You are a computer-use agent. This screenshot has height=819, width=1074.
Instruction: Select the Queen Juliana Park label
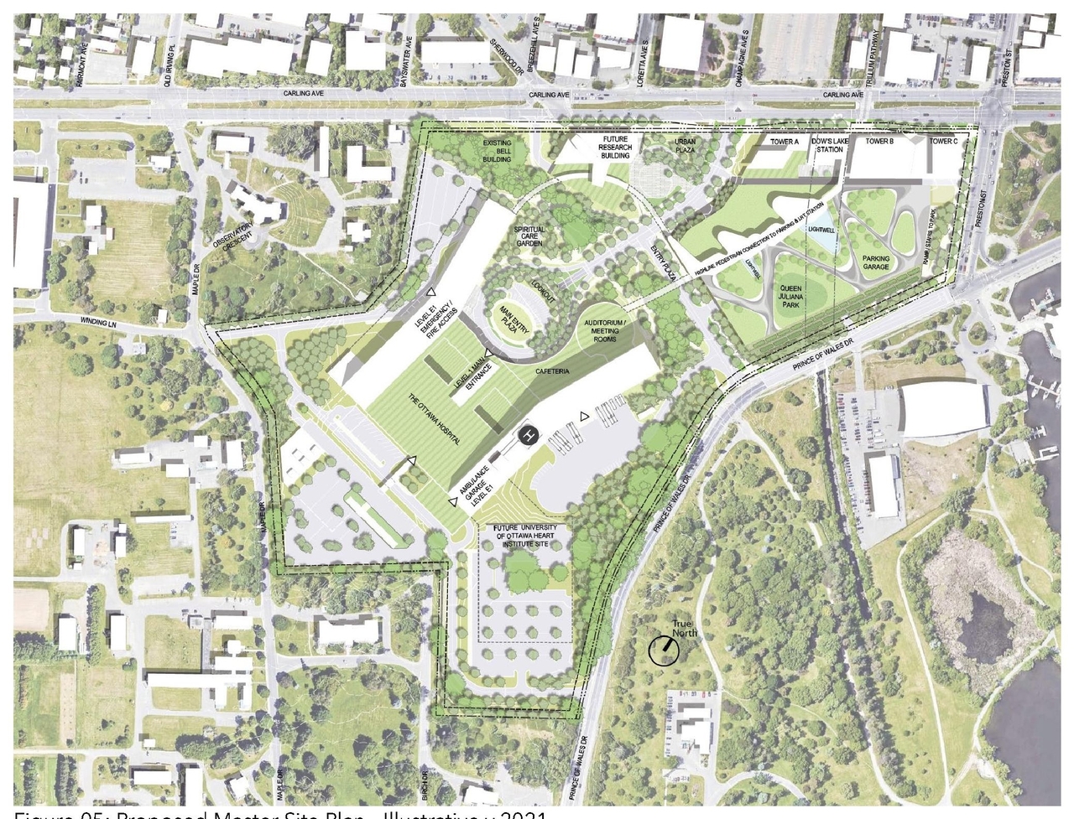790,295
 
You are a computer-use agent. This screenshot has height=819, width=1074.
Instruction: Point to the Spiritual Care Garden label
529,236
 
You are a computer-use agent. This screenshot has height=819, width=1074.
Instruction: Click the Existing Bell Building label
497,151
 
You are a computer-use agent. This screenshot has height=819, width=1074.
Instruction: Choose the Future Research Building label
614,147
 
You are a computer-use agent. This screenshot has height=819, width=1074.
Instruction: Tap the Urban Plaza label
685,146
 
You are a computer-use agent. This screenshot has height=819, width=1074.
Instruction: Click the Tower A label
785,142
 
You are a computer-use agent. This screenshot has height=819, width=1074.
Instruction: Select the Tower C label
943,141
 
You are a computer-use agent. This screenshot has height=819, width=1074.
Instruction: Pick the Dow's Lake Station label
830,145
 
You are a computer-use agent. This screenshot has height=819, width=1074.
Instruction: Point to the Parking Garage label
876,262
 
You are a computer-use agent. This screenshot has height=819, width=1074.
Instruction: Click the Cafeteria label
553,371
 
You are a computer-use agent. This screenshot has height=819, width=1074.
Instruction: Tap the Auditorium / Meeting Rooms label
605,330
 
